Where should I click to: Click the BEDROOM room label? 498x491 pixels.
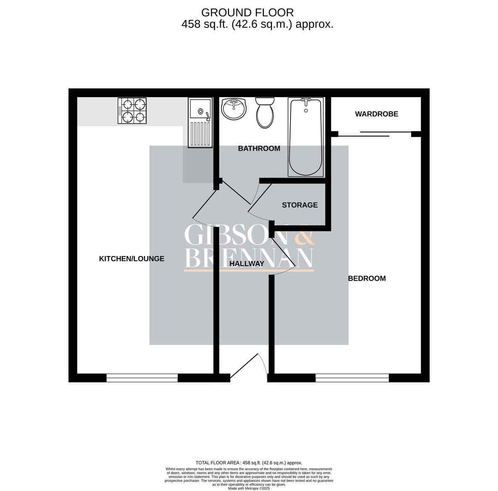coord(366,278)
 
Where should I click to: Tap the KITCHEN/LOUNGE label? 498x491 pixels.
coord(132,259)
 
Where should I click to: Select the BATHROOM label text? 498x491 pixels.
coord(259,149)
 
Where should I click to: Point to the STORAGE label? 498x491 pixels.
coord(300,205)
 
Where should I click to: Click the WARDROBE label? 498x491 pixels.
coord(376,114)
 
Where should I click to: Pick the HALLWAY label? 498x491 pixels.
coord(247,264)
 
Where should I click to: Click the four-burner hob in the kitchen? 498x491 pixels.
coord(132,110)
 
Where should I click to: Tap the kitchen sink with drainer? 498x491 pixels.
coord(200,122)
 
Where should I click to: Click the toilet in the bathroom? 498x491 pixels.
coord(265,112)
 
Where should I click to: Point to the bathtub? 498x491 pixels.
coord(306,137)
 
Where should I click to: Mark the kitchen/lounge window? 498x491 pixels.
coord(142,378)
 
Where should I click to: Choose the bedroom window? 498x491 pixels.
coord(352,378)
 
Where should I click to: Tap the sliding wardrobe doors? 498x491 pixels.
coord(375,134)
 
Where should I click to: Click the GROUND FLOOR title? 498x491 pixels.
coord(247,13)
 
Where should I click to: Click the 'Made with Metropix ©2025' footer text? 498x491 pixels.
coord(249,489)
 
